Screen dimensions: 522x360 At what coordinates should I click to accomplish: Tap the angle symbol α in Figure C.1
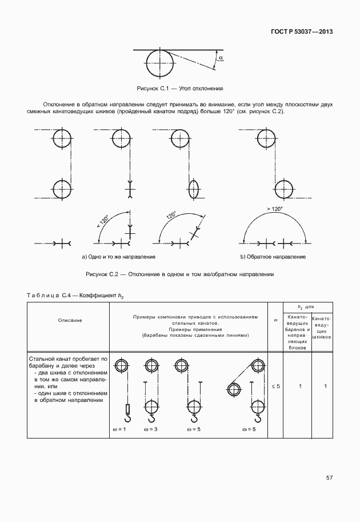(221, 58)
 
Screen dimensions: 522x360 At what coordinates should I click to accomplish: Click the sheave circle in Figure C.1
(160, 62)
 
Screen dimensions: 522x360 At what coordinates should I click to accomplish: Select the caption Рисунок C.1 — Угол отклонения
(179, 89)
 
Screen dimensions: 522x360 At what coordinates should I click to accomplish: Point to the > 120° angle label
(274, 209)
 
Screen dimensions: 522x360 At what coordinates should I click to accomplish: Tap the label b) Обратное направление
(273, 257)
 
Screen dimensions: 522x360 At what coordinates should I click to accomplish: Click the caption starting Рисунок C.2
(179, 274)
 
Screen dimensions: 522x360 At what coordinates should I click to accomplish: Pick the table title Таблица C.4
(75, 295)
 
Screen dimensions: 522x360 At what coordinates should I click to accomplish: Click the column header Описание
(70, 320)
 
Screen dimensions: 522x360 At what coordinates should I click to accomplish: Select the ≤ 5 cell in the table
(276, 387)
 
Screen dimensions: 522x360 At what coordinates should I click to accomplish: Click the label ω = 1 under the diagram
(118, 428)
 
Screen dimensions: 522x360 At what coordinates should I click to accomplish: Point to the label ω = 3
(151, 428)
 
